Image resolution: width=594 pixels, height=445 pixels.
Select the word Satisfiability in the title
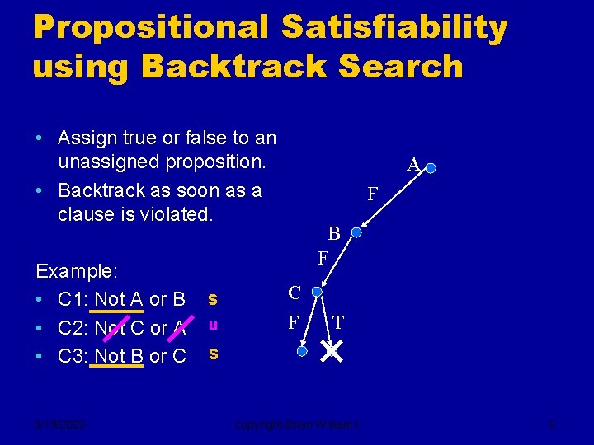[394, 27]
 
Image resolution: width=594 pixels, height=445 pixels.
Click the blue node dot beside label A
[431, 168]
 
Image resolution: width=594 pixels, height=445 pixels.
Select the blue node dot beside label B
[356, 233]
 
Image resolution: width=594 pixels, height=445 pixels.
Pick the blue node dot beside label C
[317, 292]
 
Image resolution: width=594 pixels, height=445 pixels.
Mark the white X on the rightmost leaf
[332, 353]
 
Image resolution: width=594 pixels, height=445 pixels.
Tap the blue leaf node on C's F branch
[302, 351]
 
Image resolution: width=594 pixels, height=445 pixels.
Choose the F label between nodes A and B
[373, 195]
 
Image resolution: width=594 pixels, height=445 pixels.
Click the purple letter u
[213, 326]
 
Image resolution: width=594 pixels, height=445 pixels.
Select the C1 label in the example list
[71, 298]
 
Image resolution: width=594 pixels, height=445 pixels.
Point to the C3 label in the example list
[71, 356]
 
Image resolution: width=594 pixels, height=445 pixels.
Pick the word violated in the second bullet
[175, 215]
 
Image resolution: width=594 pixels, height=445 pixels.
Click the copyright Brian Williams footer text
[296, 425]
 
